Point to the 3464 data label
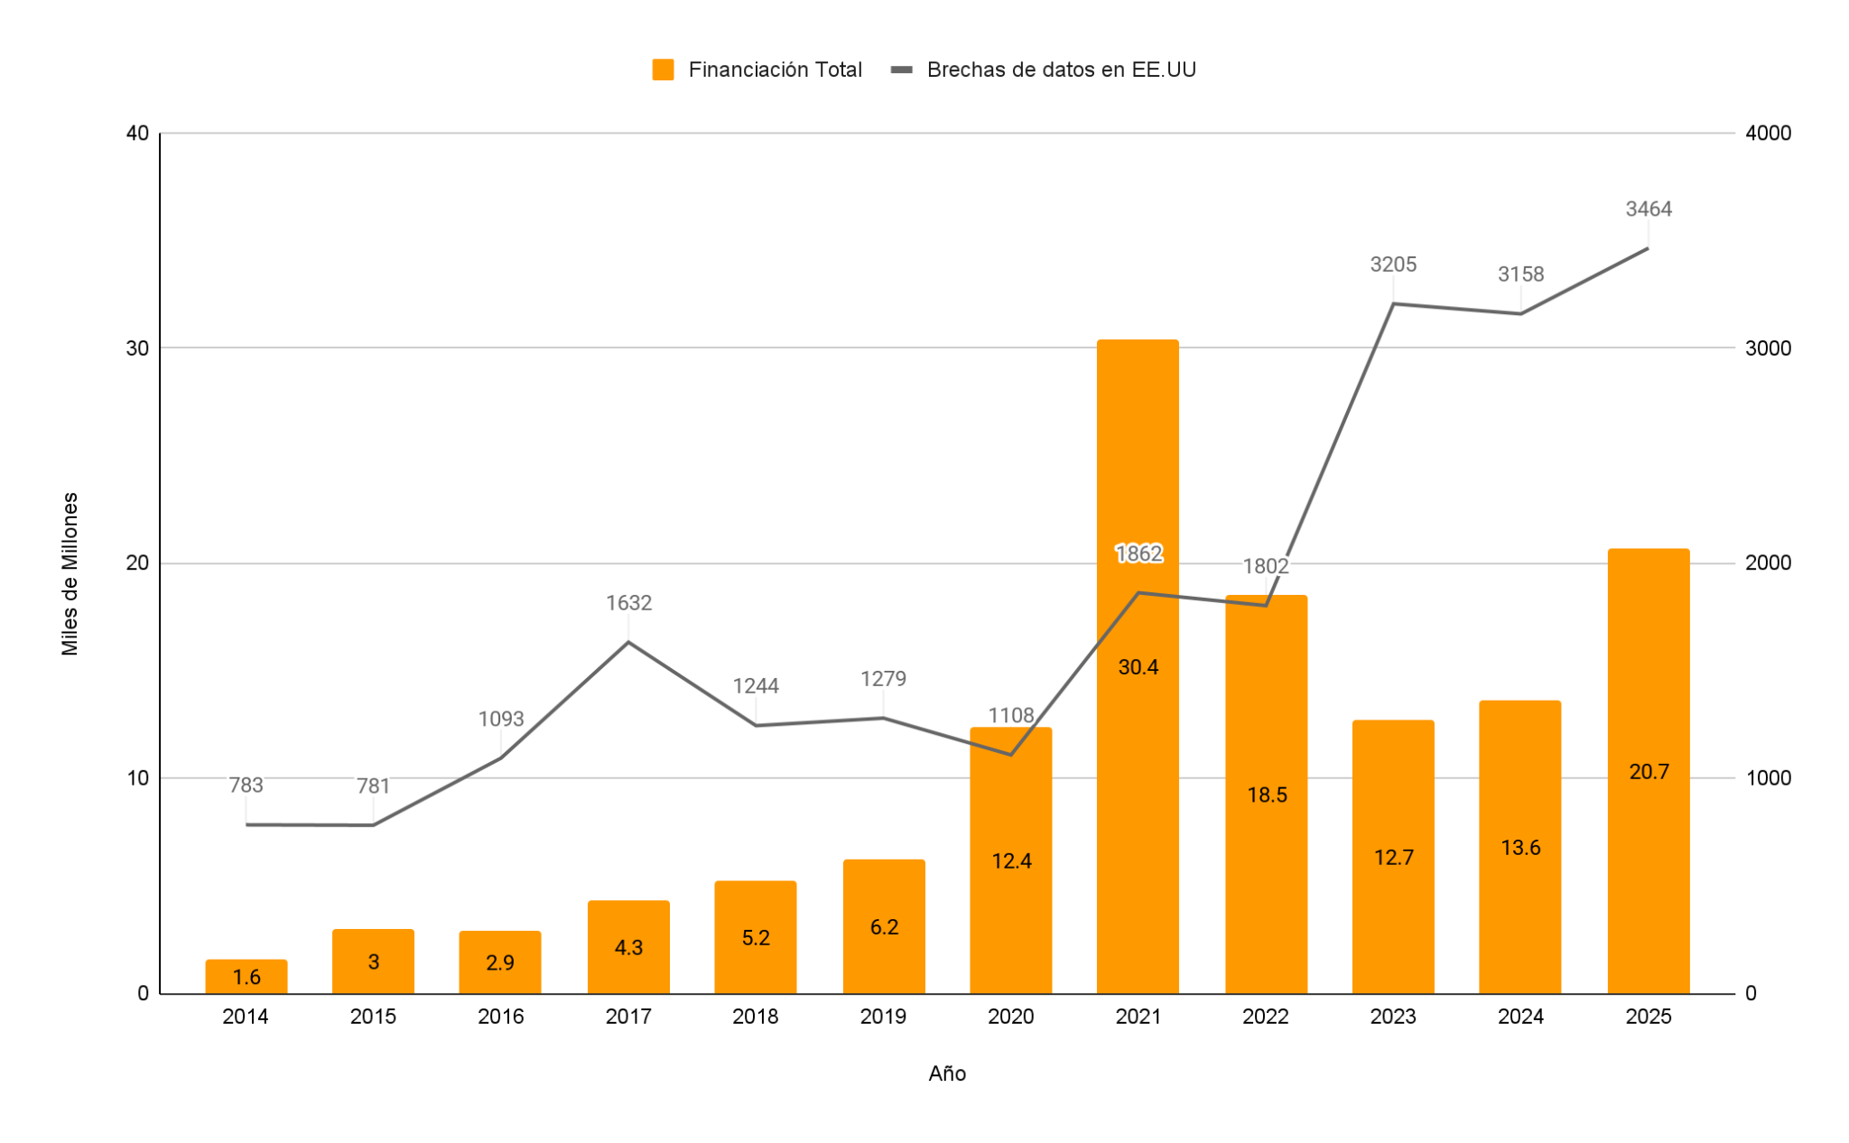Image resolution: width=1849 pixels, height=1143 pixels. click(1649, 209)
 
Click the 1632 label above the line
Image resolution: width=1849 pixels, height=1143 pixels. click(628, 603)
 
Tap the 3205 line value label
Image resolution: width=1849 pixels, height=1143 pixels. click(1393, 265)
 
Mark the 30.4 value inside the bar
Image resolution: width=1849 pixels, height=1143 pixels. click(1138, 667)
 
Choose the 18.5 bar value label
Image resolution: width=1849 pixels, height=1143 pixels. click(1267, 795)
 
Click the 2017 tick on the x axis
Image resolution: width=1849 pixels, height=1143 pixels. click(628, 1017)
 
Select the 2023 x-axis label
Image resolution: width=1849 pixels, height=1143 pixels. click(1393, 1017)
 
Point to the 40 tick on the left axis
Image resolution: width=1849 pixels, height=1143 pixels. click(137, 134)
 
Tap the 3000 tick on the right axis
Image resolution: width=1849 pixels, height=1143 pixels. click(1768, 348)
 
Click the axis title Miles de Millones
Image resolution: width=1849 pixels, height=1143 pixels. click(70, 574)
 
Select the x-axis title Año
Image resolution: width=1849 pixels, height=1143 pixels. click(947, 1073)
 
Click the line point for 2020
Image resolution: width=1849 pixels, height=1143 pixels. click(1010, 754)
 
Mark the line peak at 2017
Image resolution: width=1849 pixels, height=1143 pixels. click(628, 642)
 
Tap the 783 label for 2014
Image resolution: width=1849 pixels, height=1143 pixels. click(246, 785)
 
